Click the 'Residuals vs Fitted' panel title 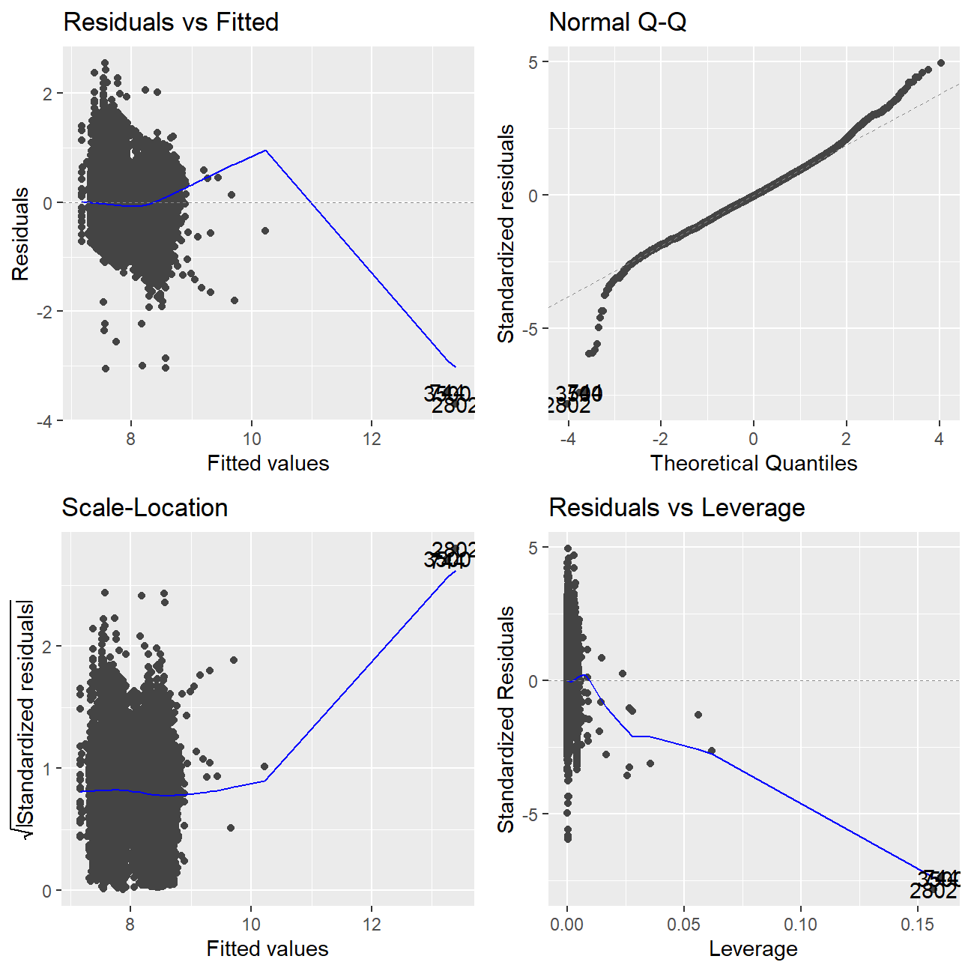tap(171, 22)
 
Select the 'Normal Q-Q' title tap(617, 22)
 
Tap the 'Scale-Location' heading tap(145, 508)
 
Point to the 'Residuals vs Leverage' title tap(677, 508)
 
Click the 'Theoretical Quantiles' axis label tap(753, 463)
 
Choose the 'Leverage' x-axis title tap(753, 949)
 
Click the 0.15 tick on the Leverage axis tap(918, 925)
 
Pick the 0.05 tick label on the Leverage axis tap(684, 925)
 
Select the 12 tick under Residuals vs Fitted tap(372, 439)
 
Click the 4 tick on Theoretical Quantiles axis tap(939, 439)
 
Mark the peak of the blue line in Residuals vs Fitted tap(266, 151)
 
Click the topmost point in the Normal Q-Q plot tap(941, 63)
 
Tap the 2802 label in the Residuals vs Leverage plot tap(933, 892)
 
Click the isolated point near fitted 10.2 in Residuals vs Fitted tap(265, 231)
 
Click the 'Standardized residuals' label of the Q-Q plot tap(506, 234)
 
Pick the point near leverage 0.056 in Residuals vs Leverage tap(698, 715)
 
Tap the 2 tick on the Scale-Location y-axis tap(47, 647)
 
